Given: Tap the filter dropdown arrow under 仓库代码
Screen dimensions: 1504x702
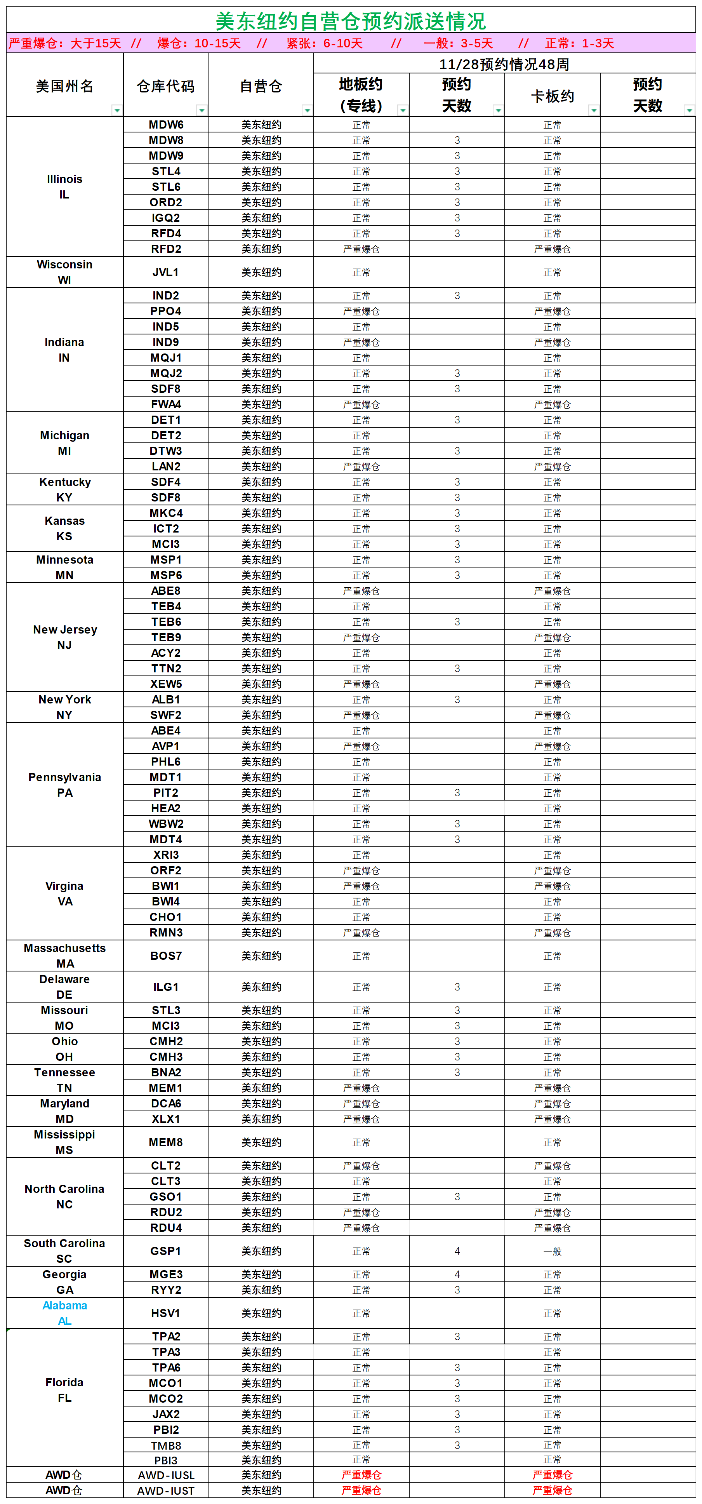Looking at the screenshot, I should (202, 110).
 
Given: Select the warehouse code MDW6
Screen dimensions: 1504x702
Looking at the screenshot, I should (166, 124).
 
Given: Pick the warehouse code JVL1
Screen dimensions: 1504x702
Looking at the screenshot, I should (166, 272).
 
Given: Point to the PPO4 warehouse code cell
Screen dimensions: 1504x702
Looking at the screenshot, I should (166, 311).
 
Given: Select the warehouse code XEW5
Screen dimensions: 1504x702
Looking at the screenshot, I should (166, 684).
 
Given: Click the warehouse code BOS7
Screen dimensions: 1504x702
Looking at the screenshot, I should (166, 956).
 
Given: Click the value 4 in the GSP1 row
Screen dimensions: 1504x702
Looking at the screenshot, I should (457, 1251).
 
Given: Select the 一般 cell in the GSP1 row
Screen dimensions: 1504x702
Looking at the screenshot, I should (552, 1251).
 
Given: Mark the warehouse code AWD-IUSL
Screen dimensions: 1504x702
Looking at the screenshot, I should (166, 1475).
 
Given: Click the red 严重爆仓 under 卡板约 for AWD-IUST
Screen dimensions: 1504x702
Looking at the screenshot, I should (552, 1490).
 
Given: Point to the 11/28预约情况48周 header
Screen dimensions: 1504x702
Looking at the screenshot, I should (504, 64).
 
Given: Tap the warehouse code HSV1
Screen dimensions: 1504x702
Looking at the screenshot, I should (166, 1313).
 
